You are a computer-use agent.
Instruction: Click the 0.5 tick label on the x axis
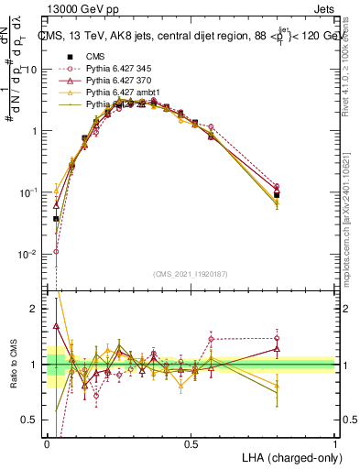[191, 443]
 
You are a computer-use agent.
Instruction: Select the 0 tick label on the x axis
[47, 443]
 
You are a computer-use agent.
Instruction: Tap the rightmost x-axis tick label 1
[334, 443]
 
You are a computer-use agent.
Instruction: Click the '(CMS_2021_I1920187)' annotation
[191, 274]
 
